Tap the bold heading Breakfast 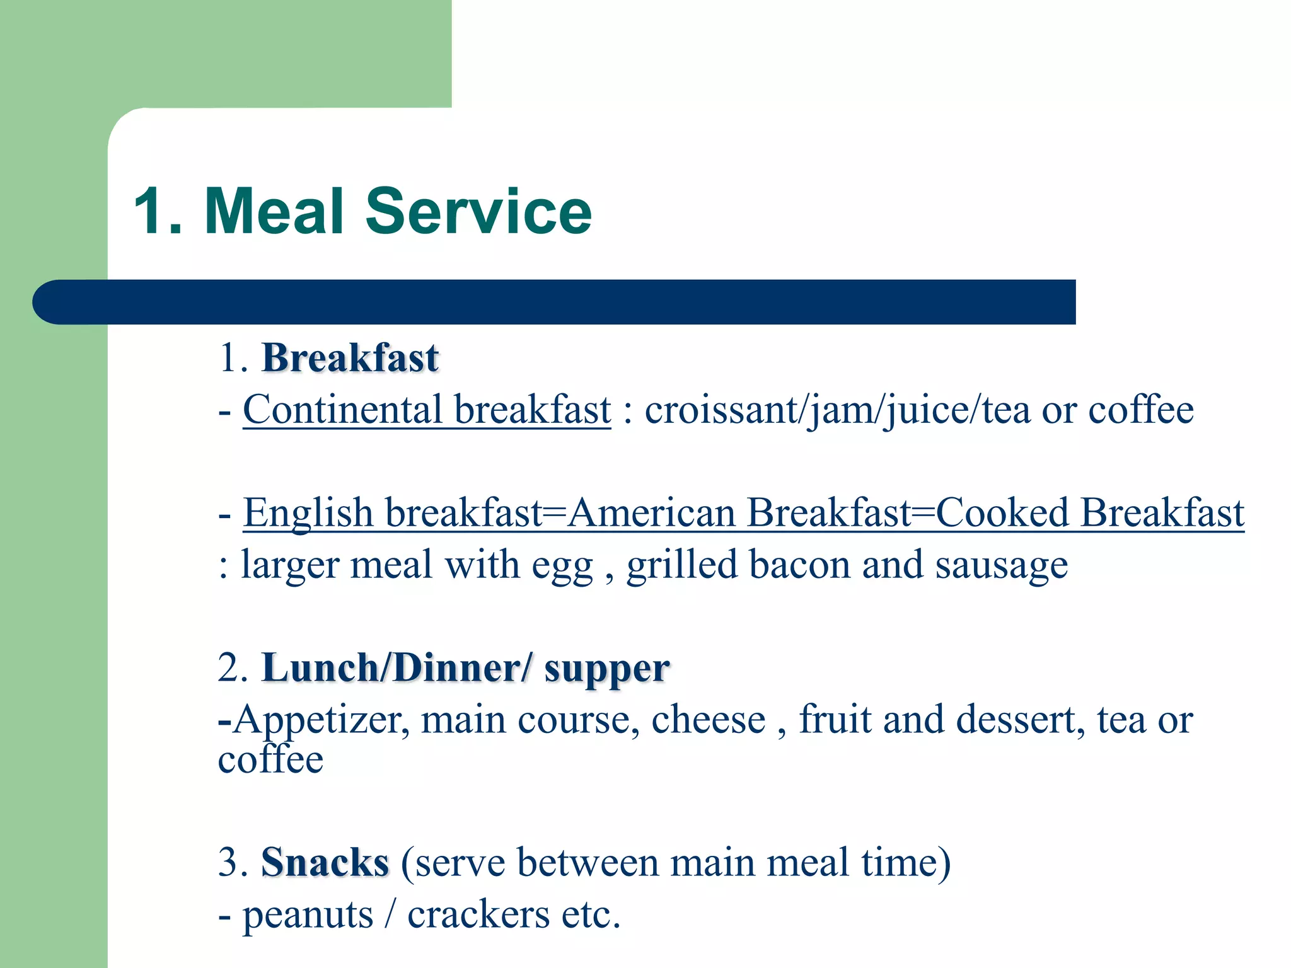click(x=350, y=358)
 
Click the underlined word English click(x=308, y=512)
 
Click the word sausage click(x=1002, y=565)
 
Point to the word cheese click(x=708, y=720)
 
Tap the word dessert click(x=1021, y=720)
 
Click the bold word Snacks click(x=325, y=862)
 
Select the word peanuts click(x=308, y=915)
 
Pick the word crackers click(x=478, y=914)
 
